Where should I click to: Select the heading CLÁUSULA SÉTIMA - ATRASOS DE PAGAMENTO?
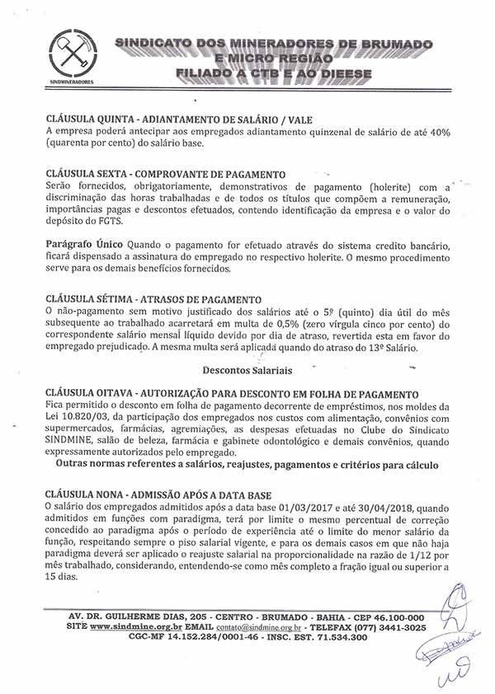coord(153,298)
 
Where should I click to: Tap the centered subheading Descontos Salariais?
coord(247,371)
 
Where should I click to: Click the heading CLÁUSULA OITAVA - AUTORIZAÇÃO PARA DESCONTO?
coord(232,395)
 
